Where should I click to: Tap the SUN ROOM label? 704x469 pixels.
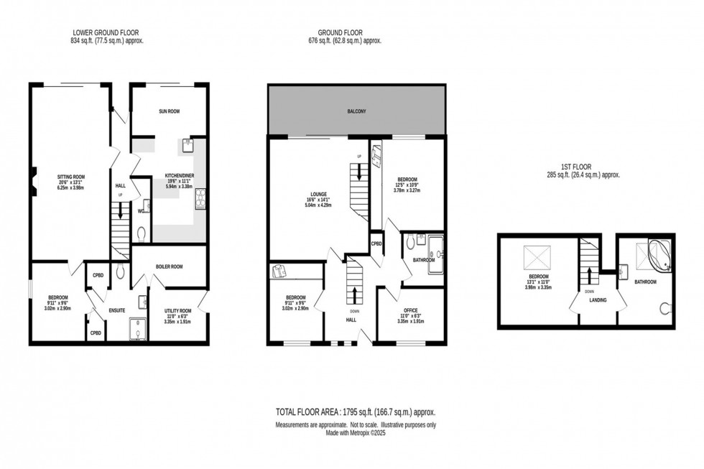[x=168, y=111]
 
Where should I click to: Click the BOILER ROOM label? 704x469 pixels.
[x=170, y=266]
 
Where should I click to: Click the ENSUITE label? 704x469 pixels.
[x=116, y=310]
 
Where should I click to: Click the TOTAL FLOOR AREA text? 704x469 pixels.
[x=355, y=412]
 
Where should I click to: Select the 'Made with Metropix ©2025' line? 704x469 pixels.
[x=356, y=432]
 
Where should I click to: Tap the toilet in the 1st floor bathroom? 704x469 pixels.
[x=664, y=309]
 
